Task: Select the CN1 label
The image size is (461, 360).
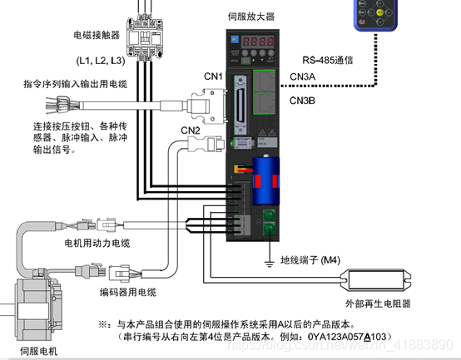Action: [215, 77]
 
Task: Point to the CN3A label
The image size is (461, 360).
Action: [303, 77]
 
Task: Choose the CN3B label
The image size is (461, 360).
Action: [303, 100]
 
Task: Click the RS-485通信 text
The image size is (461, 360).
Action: [328, 60]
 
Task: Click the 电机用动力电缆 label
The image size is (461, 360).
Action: [97, 243]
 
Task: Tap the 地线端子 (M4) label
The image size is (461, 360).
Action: [310, 259]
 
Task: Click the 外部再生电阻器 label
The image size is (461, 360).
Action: [378, 304]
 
